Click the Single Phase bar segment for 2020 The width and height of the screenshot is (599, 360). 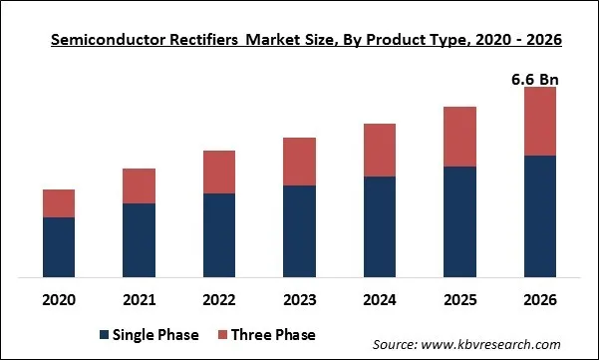(x=59, y=246)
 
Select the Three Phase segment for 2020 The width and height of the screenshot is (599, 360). (x=59, y=202)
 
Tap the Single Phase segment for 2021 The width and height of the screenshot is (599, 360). (x=139, y=239)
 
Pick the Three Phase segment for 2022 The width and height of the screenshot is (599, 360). (x=219, y=172)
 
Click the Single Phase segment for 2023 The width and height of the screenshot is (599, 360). (x=299, y=230)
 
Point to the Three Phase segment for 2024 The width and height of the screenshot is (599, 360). (x=380, y=150)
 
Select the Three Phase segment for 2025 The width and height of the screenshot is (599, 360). (x=459, y=137)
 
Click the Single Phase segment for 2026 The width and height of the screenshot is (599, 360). (x=539, y=215)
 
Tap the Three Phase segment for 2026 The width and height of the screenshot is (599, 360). (x=539, y=121)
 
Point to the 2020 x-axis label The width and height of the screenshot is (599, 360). (x=59, y=298)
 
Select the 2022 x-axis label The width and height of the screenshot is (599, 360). (x=219, y=298)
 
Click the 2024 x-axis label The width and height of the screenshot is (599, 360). (x=380, y=298)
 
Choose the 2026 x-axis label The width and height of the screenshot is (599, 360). (x=539, y=298)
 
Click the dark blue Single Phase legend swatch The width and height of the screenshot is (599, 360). (x=105, y=334)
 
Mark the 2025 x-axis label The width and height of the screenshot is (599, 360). (x=459, y=298)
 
